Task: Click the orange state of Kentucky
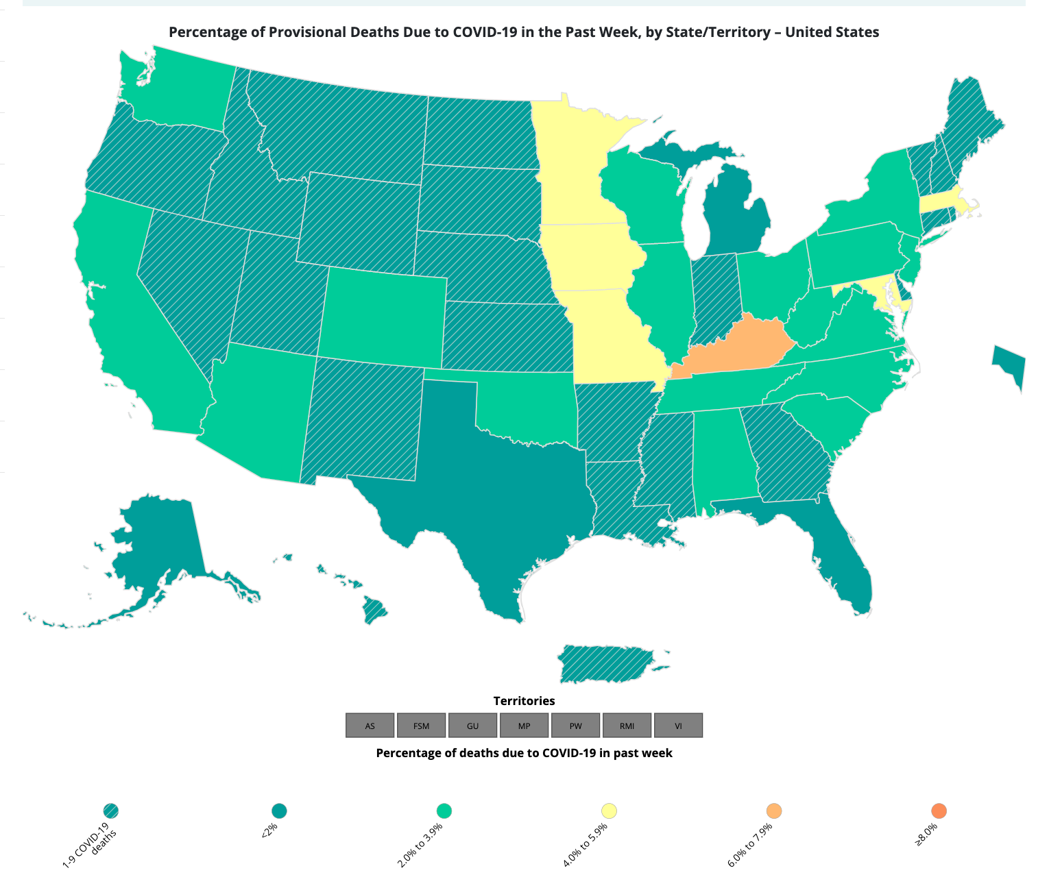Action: (734, 346)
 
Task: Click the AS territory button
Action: (370, 726)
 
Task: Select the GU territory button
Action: (473, 726)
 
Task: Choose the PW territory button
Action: (576, 726)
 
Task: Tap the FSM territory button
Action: (422, 726)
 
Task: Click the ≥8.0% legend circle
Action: (939, 811)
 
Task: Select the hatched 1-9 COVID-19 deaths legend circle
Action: (111, 811)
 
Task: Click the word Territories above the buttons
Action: (524, 701)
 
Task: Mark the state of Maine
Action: (970, 123)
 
